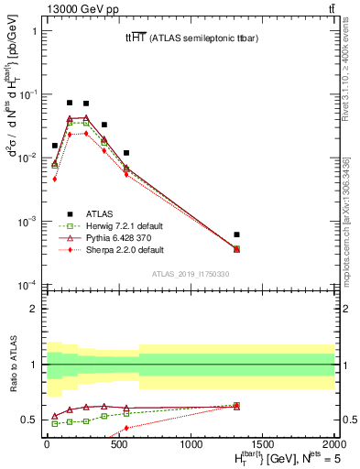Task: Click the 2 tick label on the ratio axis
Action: pyautogui.click(x=34, y=309)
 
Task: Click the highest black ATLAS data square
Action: pyautogui.click(x=70, y=103)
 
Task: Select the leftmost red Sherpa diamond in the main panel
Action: pyautogui.click(x=55, y=179)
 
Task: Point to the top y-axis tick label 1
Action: pyautogui.click(x=34, y=31)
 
